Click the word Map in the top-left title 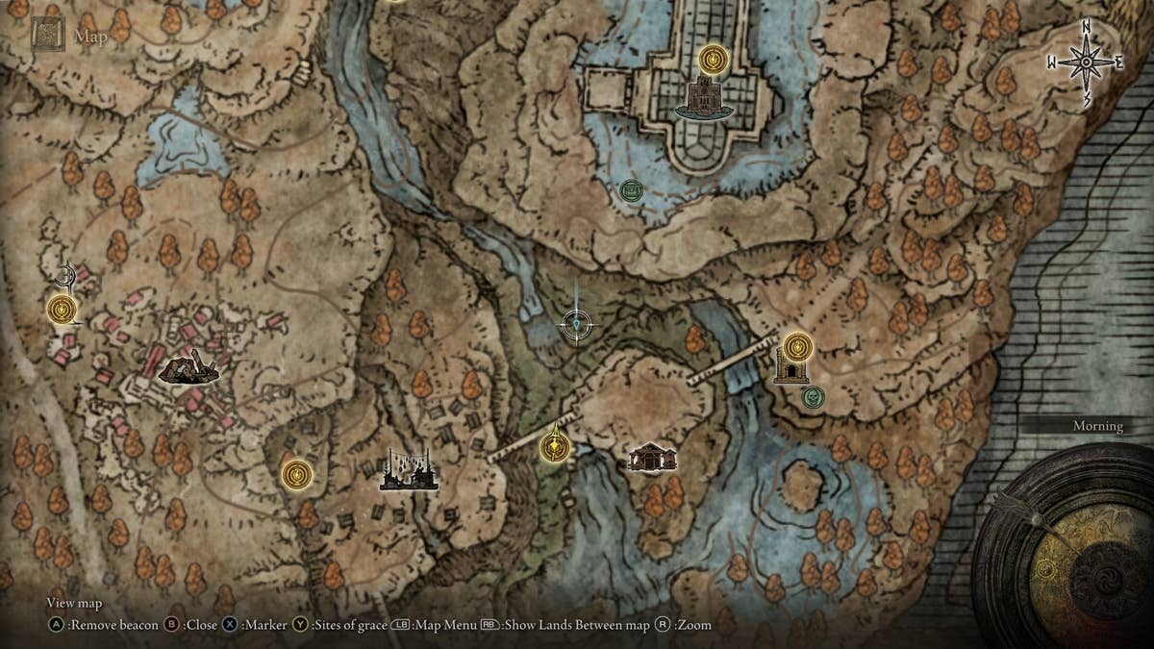click(91, 37)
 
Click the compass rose click(1085, 62)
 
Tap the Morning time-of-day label click(1097, 426)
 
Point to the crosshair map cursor click(576, 325)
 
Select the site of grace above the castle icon click(713, 60)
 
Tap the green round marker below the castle click(630, 189)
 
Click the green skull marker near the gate click(814, 395)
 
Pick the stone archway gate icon click(790, 368)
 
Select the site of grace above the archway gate click(797, 345)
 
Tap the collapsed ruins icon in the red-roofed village click(188, 367)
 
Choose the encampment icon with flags click(409, 471)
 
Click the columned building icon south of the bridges click(652, 457)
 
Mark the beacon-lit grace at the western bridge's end click(554, 445)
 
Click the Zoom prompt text click(692, 625)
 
